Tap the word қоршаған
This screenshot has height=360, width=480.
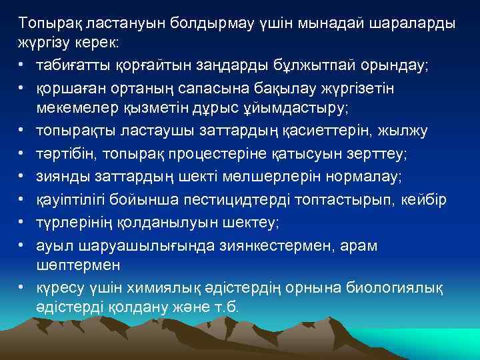pos(71,85)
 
